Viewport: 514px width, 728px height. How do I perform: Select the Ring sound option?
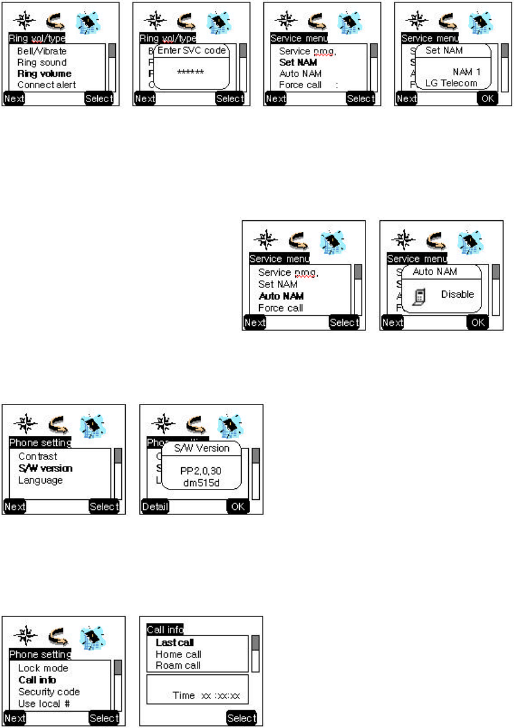42,63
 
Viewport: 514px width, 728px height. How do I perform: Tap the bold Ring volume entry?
44,74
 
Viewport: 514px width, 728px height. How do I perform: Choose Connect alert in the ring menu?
47,85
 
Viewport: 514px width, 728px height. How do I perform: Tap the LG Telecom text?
451,83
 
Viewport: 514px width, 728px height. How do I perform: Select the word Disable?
457,295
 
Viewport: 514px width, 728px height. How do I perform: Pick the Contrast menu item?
37,457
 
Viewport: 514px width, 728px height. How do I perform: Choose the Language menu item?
40,481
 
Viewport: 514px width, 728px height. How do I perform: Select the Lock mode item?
43,668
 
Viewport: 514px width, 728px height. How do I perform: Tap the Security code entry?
49,692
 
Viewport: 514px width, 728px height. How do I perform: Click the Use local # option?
43,703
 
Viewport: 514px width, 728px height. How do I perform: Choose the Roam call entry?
178,665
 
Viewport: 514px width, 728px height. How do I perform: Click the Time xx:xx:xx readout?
206,696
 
